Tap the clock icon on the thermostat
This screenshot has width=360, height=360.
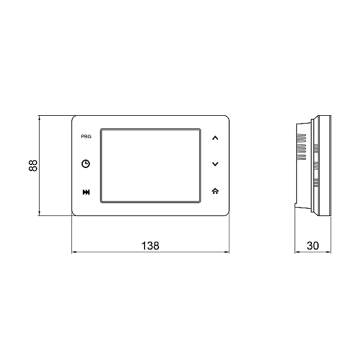click(86, 164)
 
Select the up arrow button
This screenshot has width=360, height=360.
click(216, 137)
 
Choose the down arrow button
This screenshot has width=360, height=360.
click(216, 164)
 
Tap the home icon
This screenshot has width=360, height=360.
click(216, 191)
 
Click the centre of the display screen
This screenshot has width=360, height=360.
click(151, 164)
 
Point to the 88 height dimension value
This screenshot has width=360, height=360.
click(34, 165)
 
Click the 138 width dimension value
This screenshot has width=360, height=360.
click(150, 245)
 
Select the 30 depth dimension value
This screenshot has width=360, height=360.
click(312, 245)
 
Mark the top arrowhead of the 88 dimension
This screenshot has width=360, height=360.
click(40, 117)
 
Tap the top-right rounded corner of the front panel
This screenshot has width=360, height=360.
click(226, 118)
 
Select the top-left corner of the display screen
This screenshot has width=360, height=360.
click(101, 128)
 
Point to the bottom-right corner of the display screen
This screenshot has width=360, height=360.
click(200, 201)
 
